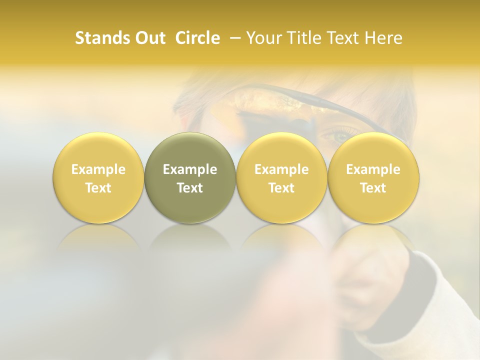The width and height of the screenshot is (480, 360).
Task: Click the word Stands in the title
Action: coord(100,38)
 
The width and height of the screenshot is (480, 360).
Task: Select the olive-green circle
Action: coord(190,178)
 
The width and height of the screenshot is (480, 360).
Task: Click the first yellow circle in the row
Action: coord(98,178)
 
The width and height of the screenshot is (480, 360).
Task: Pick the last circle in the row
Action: coord(373,178)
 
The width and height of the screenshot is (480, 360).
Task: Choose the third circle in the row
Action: coord(281,178)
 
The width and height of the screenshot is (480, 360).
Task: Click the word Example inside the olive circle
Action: coord(190,169)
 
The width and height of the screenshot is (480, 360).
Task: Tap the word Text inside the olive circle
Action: coord(190,188)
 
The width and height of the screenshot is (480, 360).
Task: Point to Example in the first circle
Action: coord(98,169)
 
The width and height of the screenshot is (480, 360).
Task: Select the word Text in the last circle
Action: coord(373,188)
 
